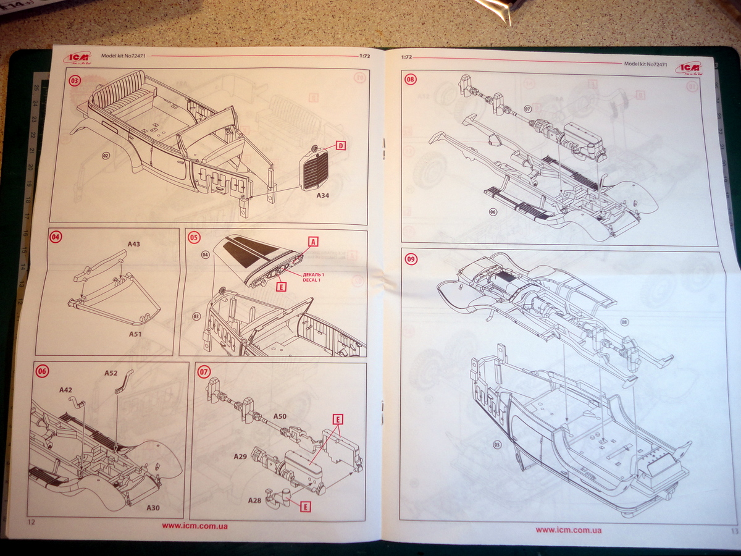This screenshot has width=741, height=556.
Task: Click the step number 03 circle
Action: tap(75, 80)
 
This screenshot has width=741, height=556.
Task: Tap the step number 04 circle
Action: tap(56, 236)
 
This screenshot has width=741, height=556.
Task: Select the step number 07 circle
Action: tap(204, 372)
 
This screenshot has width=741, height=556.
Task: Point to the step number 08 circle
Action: tap(411, 78)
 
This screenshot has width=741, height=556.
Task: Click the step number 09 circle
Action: tap(411, 259)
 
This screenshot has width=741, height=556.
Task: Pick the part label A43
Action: tap(134, 245)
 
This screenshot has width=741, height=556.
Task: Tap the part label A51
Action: tap(136, 334)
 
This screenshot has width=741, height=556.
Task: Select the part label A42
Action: tap(66, 390)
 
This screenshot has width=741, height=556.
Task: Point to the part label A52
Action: tap(111, 373)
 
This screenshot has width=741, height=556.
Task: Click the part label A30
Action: tap(153, 507)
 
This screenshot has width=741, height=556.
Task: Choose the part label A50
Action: tap(280, 416)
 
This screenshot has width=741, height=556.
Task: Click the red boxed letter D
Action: tap(340, 146)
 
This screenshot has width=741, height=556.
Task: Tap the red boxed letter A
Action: tap(313, 242)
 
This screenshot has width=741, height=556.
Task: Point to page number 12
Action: tap(28, 521)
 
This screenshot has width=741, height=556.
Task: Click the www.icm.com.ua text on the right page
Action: tap(568, 529)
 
